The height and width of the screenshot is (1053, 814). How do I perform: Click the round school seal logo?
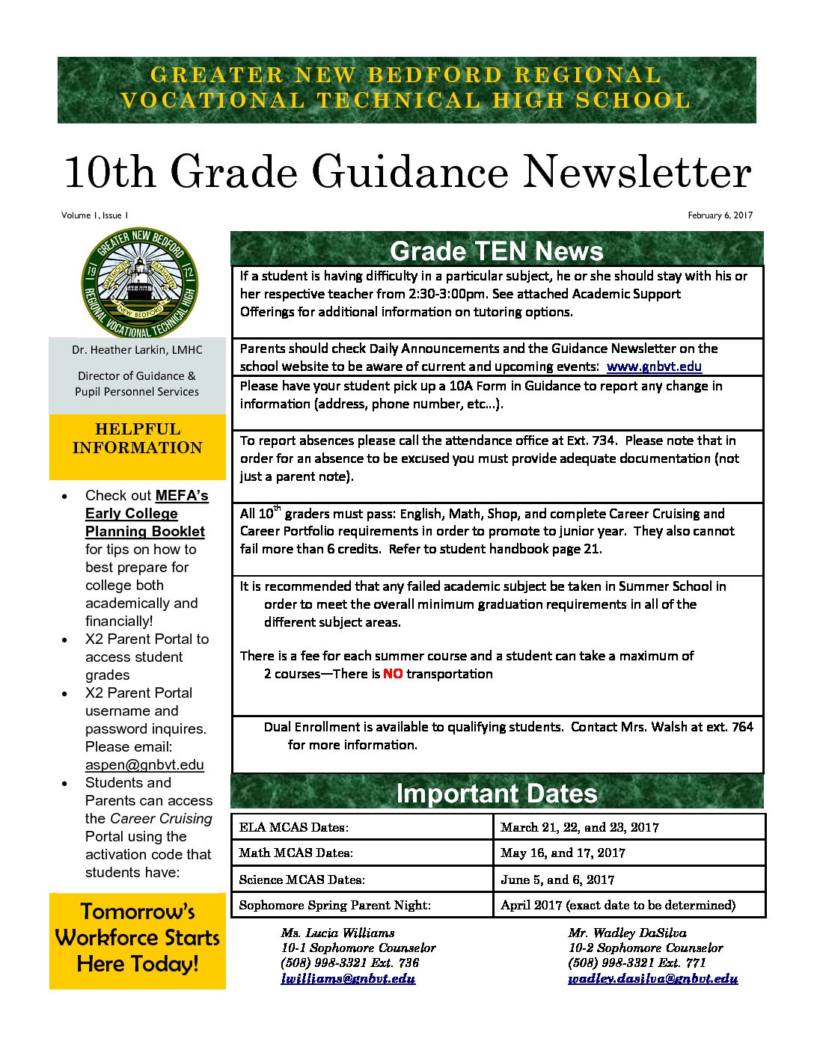pyautogui.click(x=139, y=283)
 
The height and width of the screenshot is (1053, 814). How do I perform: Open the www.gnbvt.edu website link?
pyautogui.click(x=654, y=366)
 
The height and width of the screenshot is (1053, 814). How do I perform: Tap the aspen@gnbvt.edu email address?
pyautogui.click(x=144, y=764)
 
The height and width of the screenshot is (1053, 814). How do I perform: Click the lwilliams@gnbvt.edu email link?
pyautogui.click(x=348, y=978)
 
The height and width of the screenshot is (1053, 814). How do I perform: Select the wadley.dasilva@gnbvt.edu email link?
pyautogui.click(x=652, y=978)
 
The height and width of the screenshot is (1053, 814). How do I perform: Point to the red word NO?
pyautogui.click(x=393, y=674)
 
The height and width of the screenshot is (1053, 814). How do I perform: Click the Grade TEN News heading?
pyautogui.click(x=497, y=251)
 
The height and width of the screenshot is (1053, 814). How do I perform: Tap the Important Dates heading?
pyautogui.click(x=497, y=793)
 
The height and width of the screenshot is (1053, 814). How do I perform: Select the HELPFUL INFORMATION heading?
pyautogui.click(x=138, y=438)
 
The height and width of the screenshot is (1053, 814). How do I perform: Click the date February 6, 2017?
pyautogui.click(x=720, y=215)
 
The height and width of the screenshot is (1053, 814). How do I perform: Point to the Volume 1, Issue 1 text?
pyautogui.click(x=95, y=215)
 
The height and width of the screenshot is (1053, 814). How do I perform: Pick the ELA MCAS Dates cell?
pyautogui.click(x=294, y=827)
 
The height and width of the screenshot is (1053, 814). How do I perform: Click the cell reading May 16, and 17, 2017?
pyautogui.click(x=563, y=853)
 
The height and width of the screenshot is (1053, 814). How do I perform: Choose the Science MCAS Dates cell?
pyautogui.click(x=302, y=879)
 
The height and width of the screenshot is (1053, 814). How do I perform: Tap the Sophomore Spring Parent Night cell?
pyautogui.click(x=334, y=905)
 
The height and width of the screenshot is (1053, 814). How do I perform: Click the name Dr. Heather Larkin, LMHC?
pyautogui.click(x=137, y=350)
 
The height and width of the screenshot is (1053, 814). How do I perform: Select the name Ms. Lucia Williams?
pyautogui.click(x=337, y=933)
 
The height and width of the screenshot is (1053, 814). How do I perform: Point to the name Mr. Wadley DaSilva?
pyautogui.click(x=627, y=933)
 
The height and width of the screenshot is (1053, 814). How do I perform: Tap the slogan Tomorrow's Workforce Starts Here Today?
pyautogui.click(x=138, y=938)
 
